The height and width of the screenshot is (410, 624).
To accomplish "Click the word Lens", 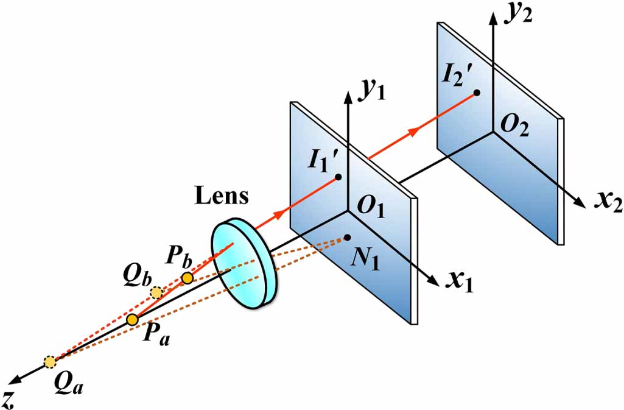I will [x=222, y=197].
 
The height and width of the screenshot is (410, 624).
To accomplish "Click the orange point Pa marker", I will [x=132, y=319].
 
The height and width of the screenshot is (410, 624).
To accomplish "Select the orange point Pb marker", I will [x=187, y=278].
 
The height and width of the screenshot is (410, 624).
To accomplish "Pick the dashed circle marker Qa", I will [x=50, y=362].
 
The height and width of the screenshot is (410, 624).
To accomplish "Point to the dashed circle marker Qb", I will [x=157, y=292].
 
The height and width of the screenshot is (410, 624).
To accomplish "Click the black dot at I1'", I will [x=338, y=177].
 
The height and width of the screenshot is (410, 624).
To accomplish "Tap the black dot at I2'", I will [x=477, y=93].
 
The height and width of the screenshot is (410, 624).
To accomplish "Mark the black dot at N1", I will [x=347, y=236].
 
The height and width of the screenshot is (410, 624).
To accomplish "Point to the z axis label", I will [x=8, y=398].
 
